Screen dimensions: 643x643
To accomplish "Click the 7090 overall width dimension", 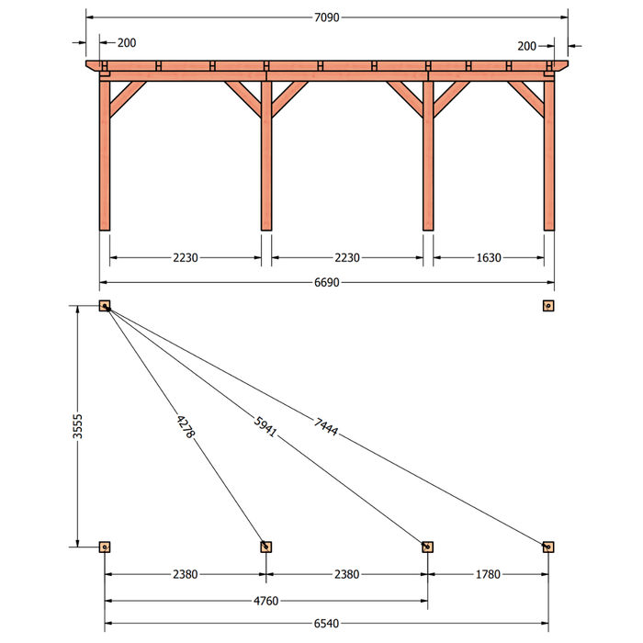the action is click(326, 17).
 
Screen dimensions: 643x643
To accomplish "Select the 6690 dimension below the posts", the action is click(326, 283).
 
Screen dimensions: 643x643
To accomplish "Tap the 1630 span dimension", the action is click(489, 258).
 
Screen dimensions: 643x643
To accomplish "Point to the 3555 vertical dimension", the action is click(77, 426).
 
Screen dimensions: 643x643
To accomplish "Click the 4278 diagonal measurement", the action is click(186, 426).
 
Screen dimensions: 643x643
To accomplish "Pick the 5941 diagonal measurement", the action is click(265, 426).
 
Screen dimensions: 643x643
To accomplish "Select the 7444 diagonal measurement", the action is click(326, 426).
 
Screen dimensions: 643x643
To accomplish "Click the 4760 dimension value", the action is click(265, 601).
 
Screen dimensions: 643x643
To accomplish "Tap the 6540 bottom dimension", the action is click(326, 624).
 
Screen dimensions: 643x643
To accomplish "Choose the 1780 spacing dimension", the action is click(488, 574).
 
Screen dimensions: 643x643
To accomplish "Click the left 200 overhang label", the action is click(127, 42).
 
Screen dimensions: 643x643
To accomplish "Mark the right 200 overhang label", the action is click(526, 46).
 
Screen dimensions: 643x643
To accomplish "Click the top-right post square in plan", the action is click(548, 306).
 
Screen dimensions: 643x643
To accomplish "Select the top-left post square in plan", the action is click(105, 306).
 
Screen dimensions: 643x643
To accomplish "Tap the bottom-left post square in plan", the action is click(105, 547).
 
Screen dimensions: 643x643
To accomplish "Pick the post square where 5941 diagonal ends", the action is click(428, 547).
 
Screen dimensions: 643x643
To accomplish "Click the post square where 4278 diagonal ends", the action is click(266, 547).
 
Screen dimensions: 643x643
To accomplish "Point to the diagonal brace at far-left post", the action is click(128, 99).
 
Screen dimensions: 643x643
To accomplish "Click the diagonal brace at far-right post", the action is click(525, 99).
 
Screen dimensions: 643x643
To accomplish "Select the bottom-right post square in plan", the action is click(548, 547).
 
